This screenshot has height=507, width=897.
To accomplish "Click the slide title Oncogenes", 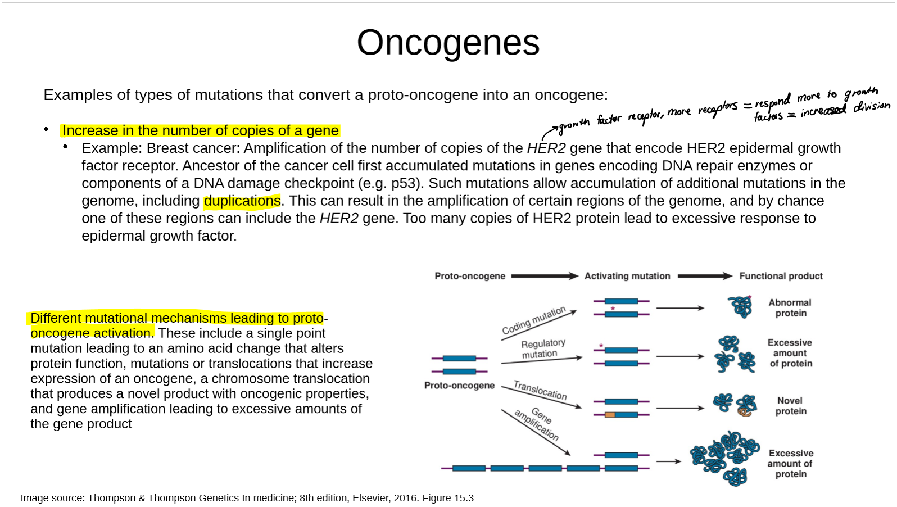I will click(x=448, y=43).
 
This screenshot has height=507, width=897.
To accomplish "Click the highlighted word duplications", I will click(x=242, y=201).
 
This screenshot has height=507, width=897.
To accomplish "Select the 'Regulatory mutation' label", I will click(x=542, y=348).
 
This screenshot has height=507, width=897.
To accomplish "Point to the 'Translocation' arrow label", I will click(x=540, y=390).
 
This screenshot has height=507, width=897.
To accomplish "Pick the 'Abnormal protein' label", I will click(x=790, y=307).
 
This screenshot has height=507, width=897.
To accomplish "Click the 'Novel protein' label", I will click(x=790, y=406).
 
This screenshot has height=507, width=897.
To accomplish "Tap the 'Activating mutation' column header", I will click(x=627, y=276).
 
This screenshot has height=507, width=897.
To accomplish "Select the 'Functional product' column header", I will click(x=781, y=276).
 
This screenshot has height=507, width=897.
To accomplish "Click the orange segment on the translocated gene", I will click(x=610, y=415).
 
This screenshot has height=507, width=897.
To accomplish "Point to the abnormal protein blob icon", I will click(x=740, y=307).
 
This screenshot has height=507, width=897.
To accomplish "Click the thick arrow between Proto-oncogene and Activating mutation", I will click(x=544, y=276).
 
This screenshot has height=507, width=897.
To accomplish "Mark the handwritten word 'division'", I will click(x=872, y=106).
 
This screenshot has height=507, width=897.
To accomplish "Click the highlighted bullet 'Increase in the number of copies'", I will click(x=200, y=131).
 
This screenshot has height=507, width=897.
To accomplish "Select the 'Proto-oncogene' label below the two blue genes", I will click(x=459, y=386).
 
